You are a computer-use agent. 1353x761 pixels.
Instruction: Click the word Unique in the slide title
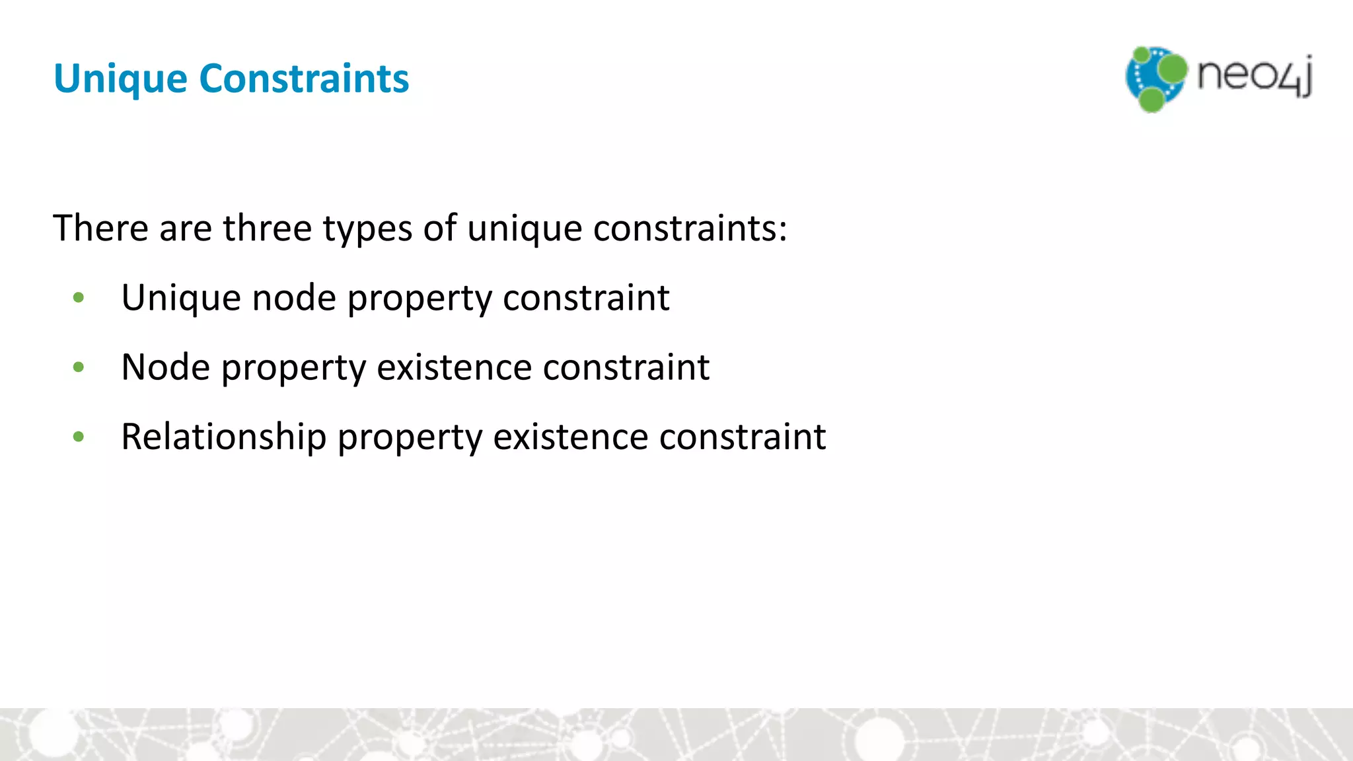(120, 79)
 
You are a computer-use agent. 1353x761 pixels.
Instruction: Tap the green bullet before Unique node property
(79, 298)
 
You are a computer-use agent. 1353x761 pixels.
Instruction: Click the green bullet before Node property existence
(79, 367)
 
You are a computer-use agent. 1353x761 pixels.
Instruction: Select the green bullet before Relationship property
(79, 437)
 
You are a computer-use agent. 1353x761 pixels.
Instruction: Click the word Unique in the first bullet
(181, 299)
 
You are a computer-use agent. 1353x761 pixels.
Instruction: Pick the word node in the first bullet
(294, 299)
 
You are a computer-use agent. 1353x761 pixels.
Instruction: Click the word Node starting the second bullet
(166, 367)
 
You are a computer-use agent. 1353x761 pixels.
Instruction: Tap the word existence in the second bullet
(454, 367)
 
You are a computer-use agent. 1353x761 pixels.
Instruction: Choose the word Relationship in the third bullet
(223, 437)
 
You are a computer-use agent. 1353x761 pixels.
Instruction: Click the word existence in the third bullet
(570, 437)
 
